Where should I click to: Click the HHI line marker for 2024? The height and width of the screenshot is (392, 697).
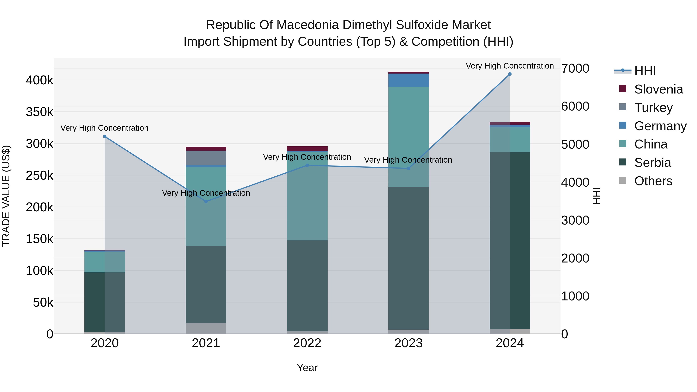(510, 74)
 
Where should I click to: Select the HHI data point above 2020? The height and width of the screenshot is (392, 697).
(105, 136)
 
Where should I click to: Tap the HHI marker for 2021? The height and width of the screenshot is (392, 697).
(206, 202)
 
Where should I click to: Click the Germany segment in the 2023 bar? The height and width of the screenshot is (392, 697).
(408, 80)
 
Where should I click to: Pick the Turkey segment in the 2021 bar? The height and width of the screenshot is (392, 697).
(206, 158)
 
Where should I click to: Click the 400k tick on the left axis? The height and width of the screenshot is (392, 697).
(39, 80)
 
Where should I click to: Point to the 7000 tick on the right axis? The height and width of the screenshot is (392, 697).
(575, 69)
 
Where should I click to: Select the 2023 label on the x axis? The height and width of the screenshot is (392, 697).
(408, 343)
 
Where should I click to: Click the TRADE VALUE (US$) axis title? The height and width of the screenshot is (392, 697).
(6, 196)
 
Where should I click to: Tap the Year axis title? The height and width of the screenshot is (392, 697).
(307, 368)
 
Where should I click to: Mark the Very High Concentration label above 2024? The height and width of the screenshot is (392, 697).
(510, 66)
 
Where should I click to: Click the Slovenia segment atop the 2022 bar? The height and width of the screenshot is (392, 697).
(307, 148)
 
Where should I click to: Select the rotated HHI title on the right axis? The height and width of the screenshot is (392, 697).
(596, 196)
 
